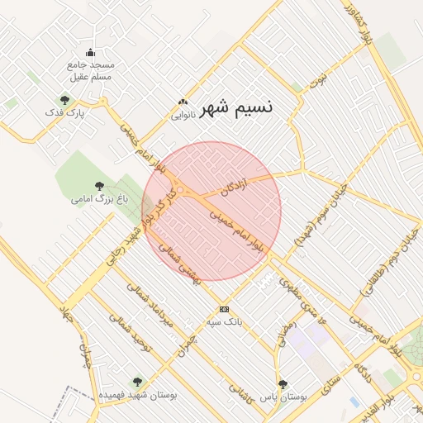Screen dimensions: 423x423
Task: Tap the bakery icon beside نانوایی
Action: tap(183, 103)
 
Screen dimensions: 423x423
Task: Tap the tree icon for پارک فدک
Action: tap(65, 100)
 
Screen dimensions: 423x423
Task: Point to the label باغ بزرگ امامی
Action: tap(91, 199)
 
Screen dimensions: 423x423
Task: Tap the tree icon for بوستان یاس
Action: tap(283, 384)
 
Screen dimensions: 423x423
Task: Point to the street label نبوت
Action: tap(318, 80)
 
